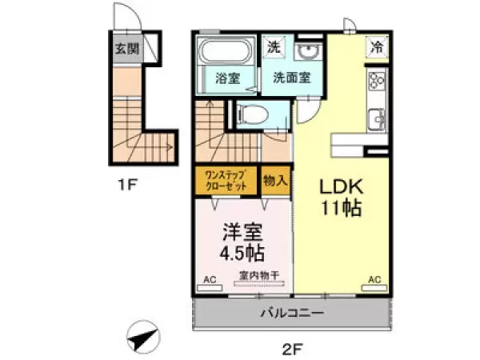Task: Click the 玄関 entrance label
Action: (126, 49)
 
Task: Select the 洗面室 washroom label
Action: (292, 78)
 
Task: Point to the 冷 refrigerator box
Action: (377, 47)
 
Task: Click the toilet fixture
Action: (250, 115)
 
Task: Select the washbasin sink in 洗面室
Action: (307, 51)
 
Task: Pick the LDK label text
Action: (342, 187)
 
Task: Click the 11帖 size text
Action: (342, 210)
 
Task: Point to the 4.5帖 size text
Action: (241, 254)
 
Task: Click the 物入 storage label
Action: (275, 181)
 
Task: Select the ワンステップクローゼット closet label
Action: (226, 181)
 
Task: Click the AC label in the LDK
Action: (374, 279)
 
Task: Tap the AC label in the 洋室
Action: (210, 279)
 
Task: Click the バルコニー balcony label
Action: (291, 312)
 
